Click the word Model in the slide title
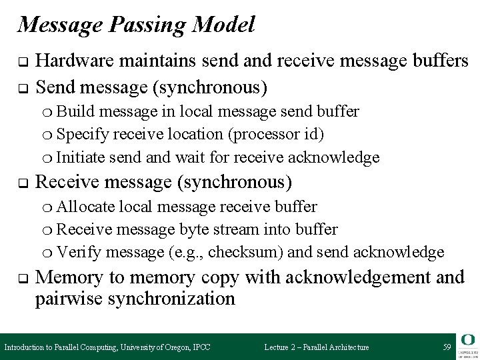(x=224, y=25)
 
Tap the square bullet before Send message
(x=21, y=87)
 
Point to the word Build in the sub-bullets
(x=73, y=110)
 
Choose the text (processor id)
(x=276, y=134)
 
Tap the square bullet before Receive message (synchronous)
(x=21, y=182)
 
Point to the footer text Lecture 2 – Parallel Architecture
(x=317, y=347)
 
